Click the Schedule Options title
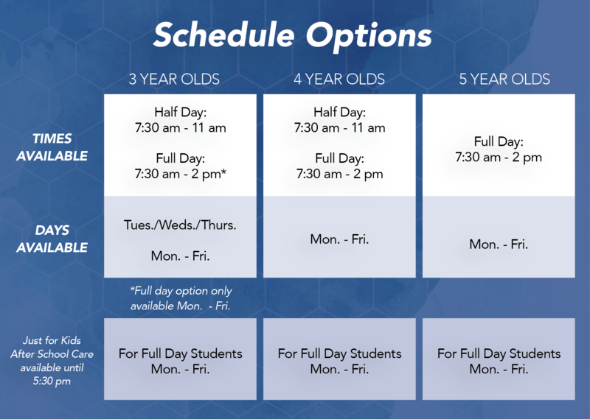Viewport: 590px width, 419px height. click(292, 35)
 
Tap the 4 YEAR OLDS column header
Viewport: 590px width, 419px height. click(339, 79)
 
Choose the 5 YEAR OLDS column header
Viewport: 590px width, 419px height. click(504, 79)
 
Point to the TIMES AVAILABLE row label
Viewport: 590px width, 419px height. click(52, 147)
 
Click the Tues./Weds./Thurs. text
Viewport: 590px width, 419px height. click(181, 225)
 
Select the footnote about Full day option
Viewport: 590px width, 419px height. click(181, 298)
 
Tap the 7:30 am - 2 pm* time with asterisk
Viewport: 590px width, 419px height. click(181, 174)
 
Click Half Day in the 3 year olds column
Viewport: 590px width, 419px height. click(181, 112)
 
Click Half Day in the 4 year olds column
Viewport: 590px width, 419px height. click(339, 112)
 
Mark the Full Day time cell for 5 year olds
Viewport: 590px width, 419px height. click(499, 149)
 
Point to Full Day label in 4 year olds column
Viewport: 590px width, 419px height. click(339, 158)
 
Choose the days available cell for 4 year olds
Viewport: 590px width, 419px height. click(339, 239)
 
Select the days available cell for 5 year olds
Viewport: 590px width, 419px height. click(499, 244)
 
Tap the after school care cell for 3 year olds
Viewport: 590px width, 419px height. click(181, 361)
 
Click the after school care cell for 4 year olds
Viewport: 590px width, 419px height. click(339, 361)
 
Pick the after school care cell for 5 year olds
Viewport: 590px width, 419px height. click(499, 361)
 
